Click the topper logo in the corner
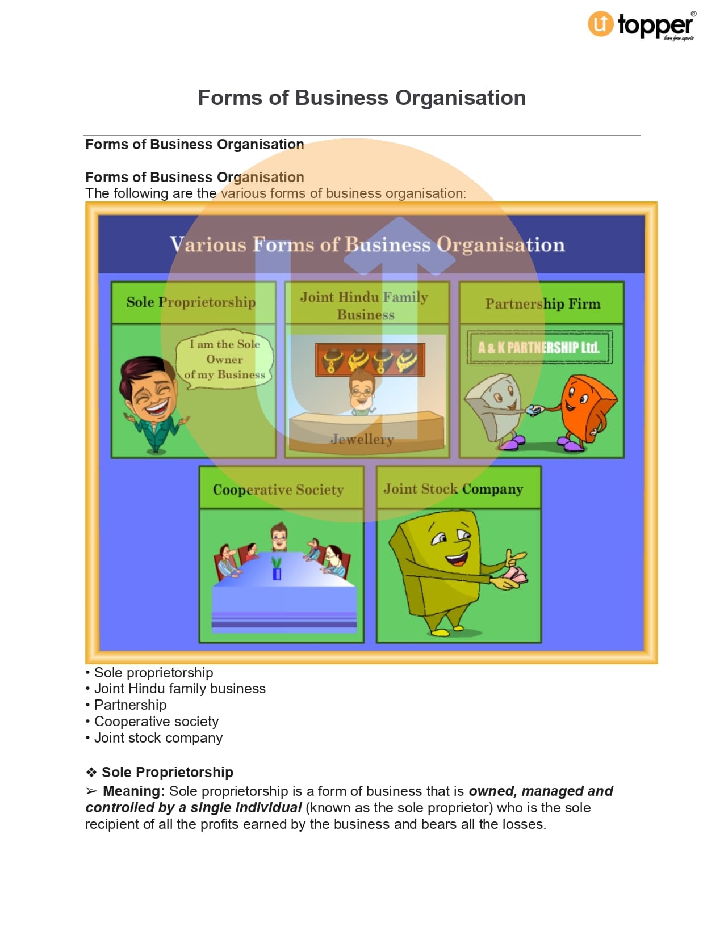pos(641,26)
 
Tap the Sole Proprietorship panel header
pos(191,302)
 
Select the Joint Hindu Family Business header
pos(365,305)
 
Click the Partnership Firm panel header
pos(542,303)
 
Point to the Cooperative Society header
pos(278,489)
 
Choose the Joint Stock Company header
pos(453,488)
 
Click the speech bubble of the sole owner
pos(225,360)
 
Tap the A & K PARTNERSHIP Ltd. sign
pos(539,347)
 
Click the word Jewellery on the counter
pos(362,439)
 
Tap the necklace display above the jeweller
pos(370,360)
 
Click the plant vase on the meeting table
pos(277,569)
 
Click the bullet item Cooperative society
pos(156,721)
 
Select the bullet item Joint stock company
pos(158,737)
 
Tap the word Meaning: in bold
pos(133,791)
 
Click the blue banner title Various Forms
pos(367,244)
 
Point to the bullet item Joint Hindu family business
pos(179,688)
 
